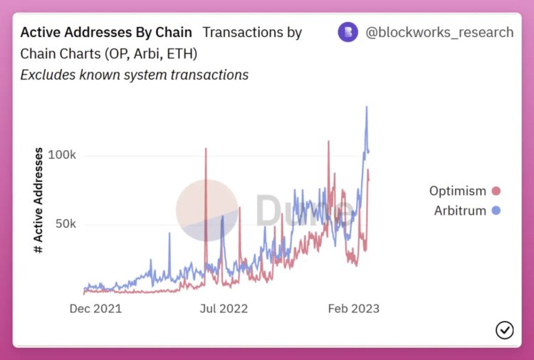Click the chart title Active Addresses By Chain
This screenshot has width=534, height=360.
click(x=106, y=33)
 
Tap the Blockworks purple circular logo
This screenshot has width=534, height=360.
click(x=347, y=33)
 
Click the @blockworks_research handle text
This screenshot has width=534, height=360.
click(x=439, y=33)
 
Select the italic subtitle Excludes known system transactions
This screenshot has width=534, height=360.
click(x=134, y=74)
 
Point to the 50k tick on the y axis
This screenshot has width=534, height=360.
click(x=64, y=224)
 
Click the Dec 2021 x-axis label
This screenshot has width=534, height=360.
click(x=95, y=309)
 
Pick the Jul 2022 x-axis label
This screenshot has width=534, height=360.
click(x=224, y=309)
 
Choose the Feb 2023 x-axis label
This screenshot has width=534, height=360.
click(x=353, y=309)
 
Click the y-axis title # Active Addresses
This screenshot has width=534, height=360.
click(x=38, y=201)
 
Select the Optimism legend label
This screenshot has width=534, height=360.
click(x=458, y=191)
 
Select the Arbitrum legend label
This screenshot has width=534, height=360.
click(x=460, y=211)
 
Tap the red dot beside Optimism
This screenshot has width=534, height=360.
click(x=496, y=191)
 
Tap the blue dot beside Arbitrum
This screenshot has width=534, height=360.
click(x=496, y=211)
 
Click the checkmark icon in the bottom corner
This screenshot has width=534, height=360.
click(x=504, y=329)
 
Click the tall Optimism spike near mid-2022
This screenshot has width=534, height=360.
click(x=206, y=149)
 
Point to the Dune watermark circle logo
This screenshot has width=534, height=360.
click(x=207, y=210)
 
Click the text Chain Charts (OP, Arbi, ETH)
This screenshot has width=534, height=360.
click(x=109, y=53)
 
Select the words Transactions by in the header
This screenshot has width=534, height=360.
click(x=252, y=33)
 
